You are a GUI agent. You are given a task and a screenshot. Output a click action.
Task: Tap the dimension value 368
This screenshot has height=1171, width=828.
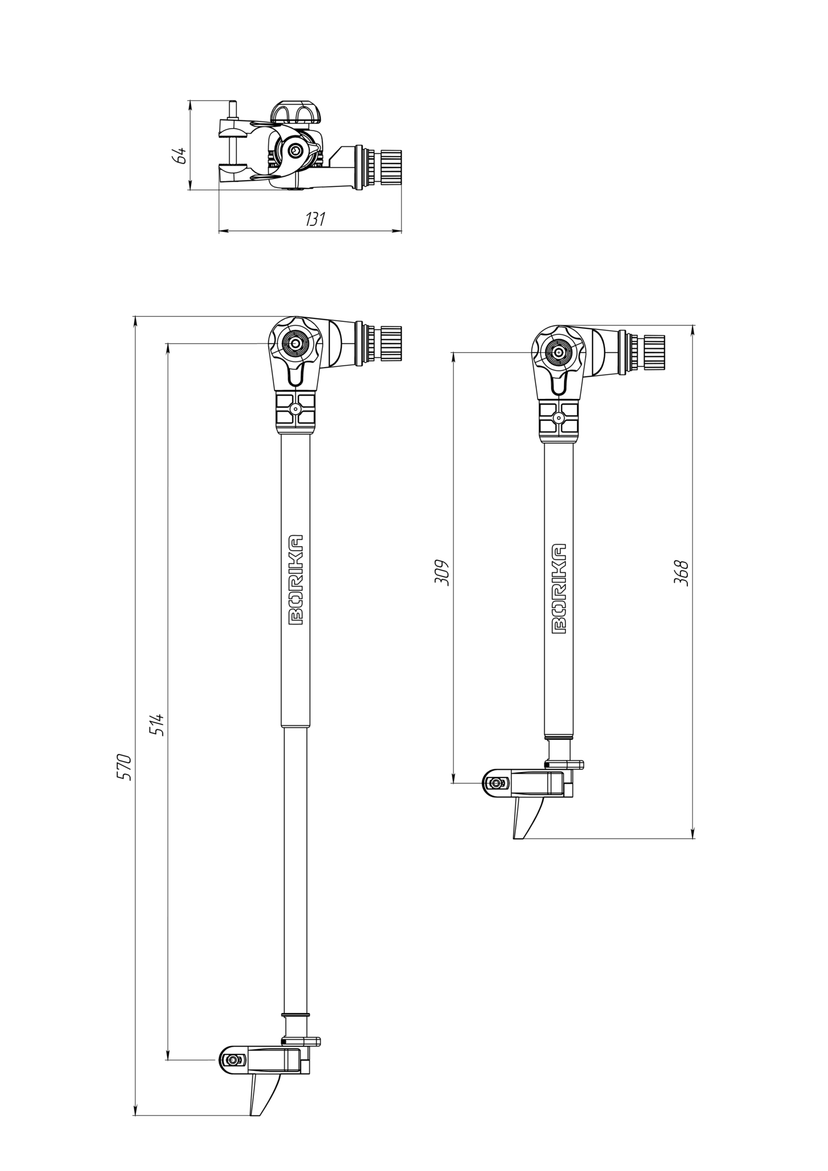click(681, 572)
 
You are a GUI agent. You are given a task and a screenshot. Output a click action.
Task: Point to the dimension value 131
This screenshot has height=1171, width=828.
click(315, 219)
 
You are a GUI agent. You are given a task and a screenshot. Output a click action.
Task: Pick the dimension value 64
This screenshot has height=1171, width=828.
click(180, 156)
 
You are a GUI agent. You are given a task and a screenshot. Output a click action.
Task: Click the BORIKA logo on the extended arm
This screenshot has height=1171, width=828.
click(296, 580)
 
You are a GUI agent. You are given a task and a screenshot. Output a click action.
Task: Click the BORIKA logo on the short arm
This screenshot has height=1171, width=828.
click(559, 588)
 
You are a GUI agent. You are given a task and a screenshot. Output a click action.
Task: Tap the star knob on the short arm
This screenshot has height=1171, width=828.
click(557, 353)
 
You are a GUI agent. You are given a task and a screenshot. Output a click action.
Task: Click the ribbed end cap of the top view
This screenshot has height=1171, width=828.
click(392, 166)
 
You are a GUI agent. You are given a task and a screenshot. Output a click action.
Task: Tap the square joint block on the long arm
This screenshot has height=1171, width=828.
click(296, 409)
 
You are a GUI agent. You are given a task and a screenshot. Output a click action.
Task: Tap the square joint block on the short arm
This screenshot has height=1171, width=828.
click(559, 418)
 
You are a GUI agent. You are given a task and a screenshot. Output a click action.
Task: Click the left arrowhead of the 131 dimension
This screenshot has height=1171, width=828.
click(223, 231)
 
